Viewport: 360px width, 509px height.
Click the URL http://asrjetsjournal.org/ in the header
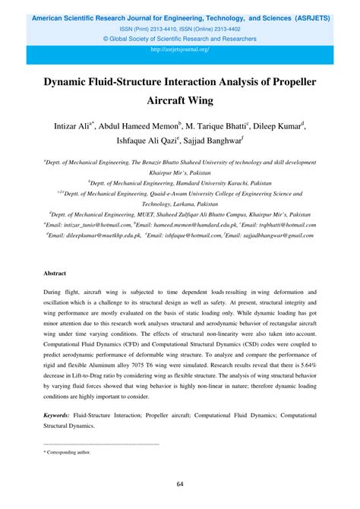coord(180,49)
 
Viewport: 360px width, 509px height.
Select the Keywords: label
coord(56,416)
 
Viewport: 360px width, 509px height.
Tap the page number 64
coord(180,485)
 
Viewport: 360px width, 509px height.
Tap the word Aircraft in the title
coord(180,103)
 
